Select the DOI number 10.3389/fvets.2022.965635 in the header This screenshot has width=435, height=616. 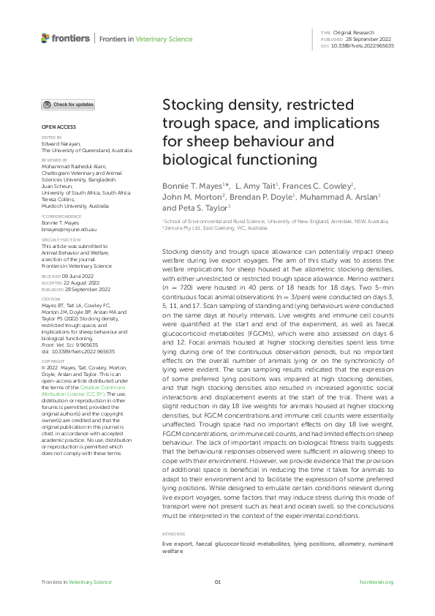363,45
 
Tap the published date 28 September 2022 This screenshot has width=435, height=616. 363,40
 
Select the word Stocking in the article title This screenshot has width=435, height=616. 194,104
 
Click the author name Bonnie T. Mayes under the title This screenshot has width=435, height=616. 192,187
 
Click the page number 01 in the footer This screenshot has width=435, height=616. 217,582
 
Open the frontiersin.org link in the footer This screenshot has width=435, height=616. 377,582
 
